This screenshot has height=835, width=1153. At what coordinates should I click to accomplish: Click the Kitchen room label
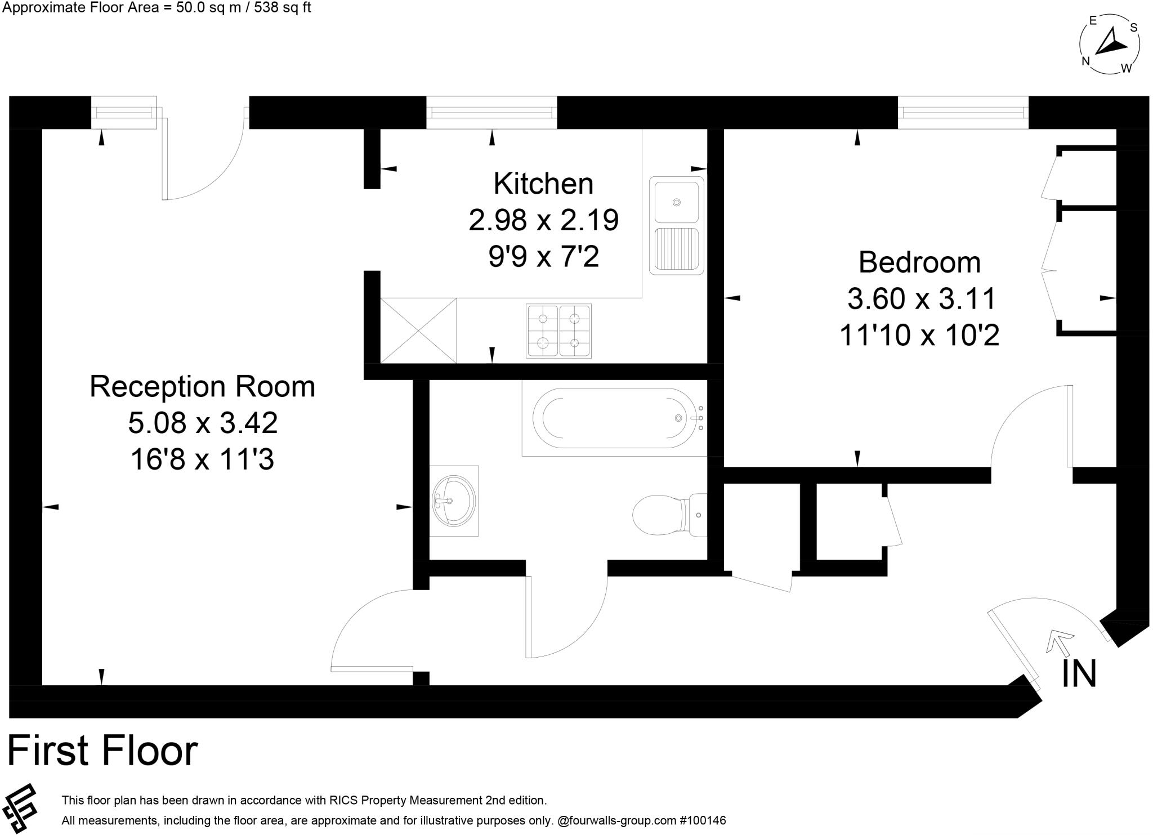coord(543,184)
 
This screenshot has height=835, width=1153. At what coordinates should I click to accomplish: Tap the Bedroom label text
coord(919,262)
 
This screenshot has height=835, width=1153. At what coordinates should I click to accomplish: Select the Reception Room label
coord(202,387)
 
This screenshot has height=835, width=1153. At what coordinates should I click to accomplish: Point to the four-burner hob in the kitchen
coord(558,331)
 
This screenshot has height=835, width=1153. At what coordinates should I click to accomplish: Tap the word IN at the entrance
coord(1079,674)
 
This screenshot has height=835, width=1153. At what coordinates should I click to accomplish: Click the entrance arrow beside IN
coord(1059,642)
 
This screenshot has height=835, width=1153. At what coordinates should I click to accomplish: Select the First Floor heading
coord(102,751)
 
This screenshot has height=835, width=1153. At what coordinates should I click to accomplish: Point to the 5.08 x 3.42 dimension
coord(203,423)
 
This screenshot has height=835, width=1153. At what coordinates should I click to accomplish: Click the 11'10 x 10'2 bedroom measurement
coord(919,335)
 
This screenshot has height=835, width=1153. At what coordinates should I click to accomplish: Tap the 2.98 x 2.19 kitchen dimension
coord(543,220)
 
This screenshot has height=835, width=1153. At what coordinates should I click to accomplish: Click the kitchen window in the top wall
coord(491,113)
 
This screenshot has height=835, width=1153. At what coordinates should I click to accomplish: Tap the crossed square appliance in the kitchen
coord(418,331)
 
